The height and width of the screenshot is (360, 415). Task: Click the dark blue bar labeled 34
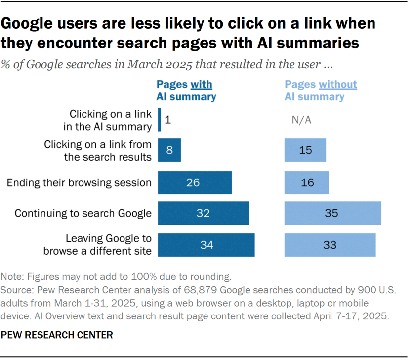coord(206,245)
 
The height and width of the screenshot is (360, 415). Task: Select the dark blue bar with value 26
coord(195,182)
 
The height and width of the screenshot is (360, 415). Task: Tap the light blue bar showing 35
coord(332,214)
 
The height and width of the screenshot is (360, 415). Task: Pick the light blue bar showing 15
coord(305,150)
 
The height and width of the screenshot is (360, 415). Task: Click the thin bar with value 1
coord(159,120)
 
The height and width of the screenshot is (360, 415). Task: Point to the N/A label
coord(301,120)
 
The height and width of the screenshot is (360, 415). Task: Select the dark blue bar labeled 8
coord(169,150)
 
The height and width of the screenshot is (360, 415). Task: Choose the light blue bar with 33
coord(330,245)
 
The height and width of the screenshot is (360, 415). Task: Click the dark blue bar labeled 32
coord(203,214)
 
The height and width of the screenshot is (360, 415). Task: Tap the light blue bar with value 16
coord(306,182)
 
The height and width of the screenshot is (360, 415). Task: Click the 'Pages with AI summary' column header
coord(186,90)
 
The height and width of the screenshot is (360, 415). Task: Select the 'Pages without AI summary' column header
coord(320,90)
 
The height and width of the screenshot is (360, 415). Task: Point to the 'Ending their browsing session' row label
coord(79,183)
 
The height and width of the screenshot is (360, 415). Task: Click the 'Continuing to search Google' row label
coord(83,214)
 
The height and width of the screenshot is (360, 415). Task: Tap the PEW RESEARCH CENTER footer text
coord(57,335)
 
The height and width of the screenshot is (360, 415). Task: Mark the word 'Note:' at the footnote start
coord(13,276)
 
